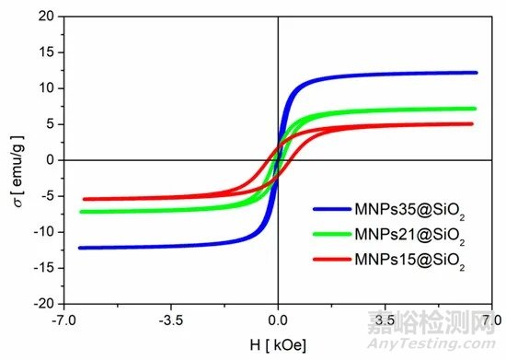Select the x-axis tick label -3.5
coord(170,321)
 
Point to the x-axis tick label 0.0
coord(278,321)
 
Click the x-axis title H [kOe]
coord(278,345)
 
